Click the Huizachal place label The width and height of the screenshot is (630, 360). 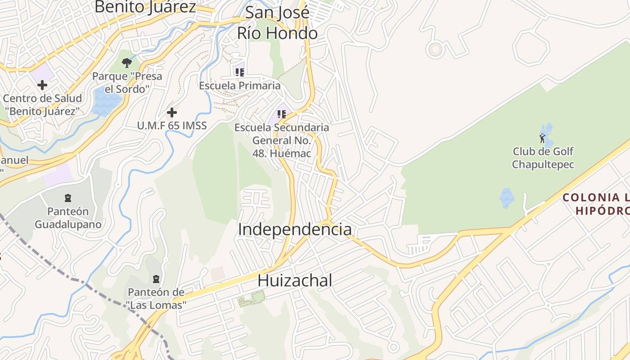(295, 280)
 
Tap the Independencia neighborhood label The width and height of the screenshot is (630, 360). (295, 229)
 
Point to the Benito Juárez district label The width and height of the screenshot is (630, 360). (145, 7)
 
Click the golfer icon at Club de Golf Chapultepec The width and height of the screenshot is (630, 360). (542, 138)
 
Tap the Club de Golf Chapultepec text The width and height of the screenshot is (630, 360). (543, 158)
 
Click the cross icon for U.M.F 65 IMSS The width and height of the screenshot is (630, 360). (171, 112)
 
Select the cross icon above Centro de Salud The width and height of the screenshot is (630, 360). (42, 85)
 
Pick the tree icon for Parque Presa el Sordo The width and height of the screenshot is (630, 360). (127, 63)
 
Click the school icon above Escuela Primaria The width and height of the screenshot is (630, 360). (239, 72)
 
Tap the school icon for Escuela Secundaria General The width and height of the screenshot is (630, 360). (282, 114)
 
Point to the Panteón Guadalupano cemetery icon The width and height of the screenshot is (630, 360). (68, 198)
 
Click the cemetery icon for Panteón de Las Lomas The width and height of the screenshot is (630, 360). (156, 279)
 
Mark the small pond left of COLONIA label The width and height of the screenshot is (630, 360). (507, 198)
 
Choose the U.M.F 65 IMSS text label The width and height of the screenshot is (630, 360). (172, 126)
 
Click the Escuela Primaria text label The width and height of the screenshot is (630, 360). (240, 85)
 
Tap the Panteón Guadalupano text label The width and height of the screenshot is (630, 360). (68, 218)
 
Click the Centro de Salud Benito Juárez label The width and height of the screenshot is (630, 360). (42, 104)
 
